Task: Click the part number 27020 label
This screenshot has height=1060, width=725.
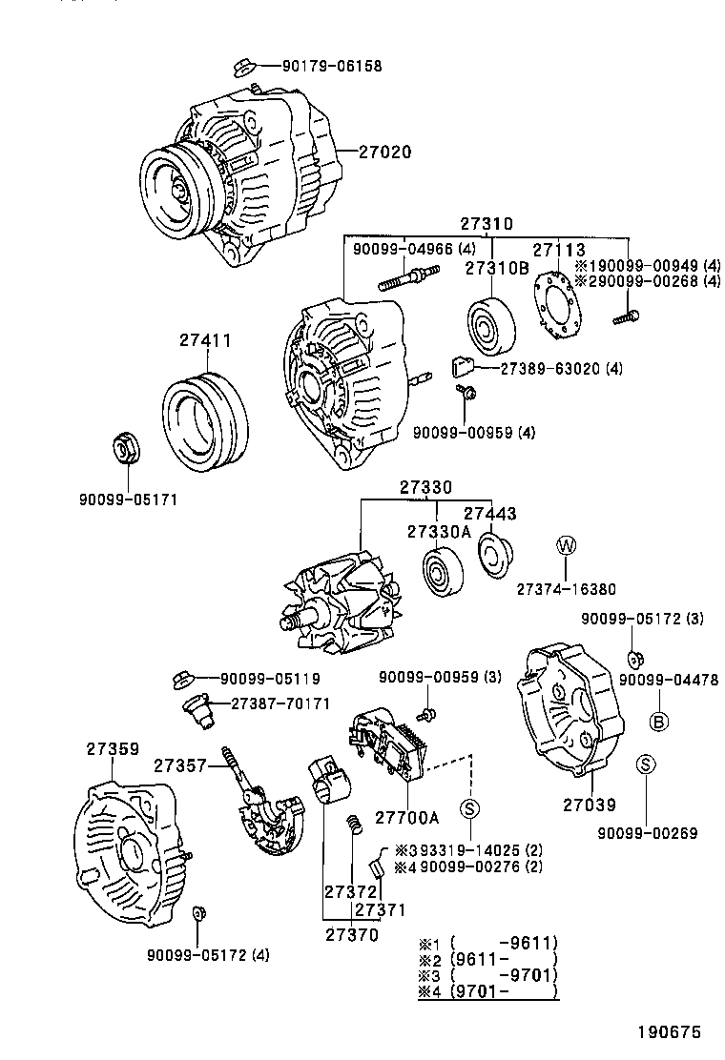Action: [384, 152]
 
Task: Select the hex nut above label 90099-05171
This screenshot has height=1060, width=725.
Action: [123, 447]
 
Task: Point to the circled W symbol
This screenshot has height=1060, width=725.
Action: [566, 545]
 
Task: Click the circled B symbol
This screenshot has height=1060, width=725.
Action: [658, 722]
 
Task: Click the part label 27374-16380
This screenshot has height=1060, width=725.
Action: [566, 589]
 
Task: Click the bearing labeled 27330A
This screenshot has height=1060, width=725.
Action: [442, 575]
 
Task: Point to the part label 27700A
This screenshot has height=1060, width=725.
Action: [406, 817]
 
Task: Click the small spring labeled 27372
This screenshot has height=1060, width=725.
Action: [352, 823]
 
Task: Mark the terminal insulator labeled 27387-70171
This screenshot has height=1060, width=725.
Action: [199, 710]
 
